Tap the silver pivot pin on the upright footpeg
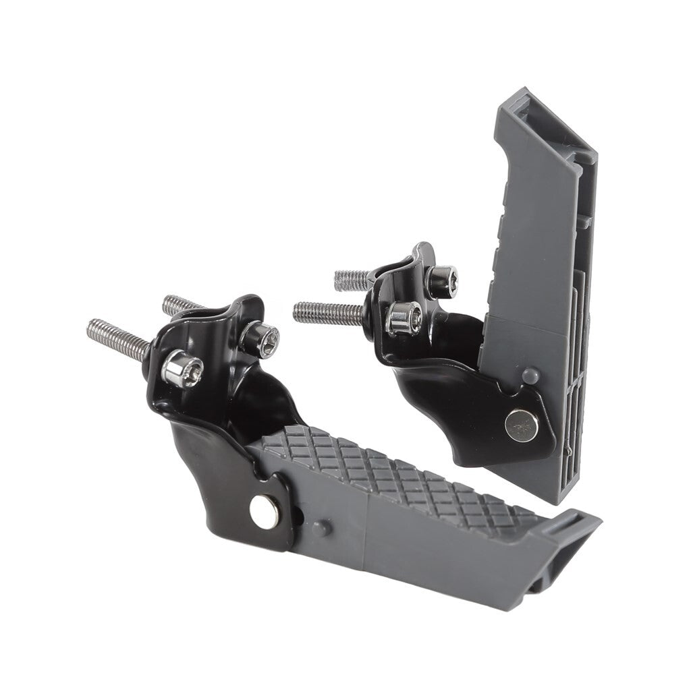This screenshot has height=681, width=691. (x=522, y=425)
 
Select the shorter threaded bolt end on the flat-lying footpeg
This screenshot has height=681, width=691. (x=177, y=304)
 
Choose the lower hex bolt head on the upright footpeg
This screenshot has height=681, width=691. (x=404, y=316)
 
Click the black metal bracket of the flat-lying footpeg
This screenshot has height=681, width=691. (x=216, y=458)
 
